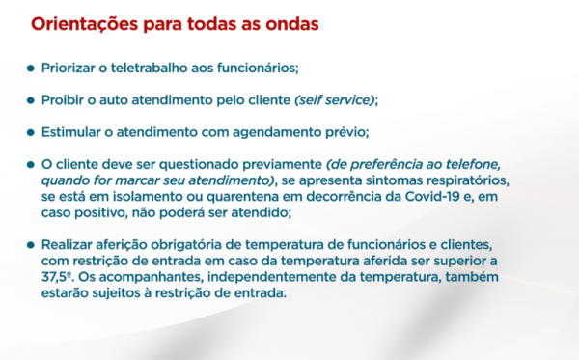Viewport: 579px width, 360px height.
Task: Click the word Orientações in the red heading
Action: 85,25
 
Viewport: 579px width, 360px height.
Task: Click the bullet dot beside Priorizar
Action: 31,69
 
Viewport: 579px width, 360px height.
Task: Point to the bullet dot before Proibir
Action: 31,100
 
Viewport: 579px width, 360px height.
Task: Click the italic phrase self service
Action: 335,100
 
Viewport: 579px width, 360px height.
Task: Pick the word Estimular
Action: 71,132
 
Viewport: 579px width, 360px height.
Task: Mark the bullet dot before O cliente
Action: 31,165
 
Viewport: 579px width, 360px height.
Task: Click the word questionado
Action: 199,165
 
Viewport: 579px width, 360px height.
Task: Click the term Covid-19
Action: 432,197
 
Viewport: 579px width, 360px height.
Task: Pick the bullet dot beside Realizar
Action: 31,245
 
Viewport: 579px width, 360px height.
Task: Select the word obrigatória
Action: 196,245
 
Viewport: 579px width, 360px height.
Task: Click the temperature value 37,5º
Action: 56,277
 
